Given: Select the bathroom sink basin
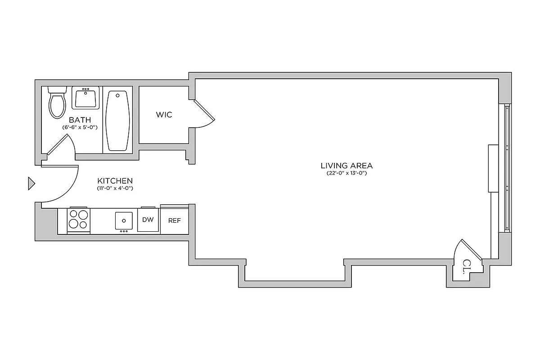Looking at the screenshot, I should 85,98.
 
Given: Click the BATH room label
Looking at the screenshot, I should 80,120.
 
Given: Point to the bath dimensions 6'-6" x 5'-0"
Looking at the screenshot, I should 80,127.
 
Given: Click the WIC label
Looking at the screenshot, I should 164,115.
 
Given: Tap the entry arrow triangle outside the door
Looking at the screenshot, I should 31,183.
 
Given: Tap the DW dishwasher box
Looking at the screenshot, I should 148,220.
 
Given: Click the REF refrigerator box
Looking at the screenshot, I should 174,220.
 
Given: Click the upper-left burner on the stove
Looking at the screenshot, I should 73,215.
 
